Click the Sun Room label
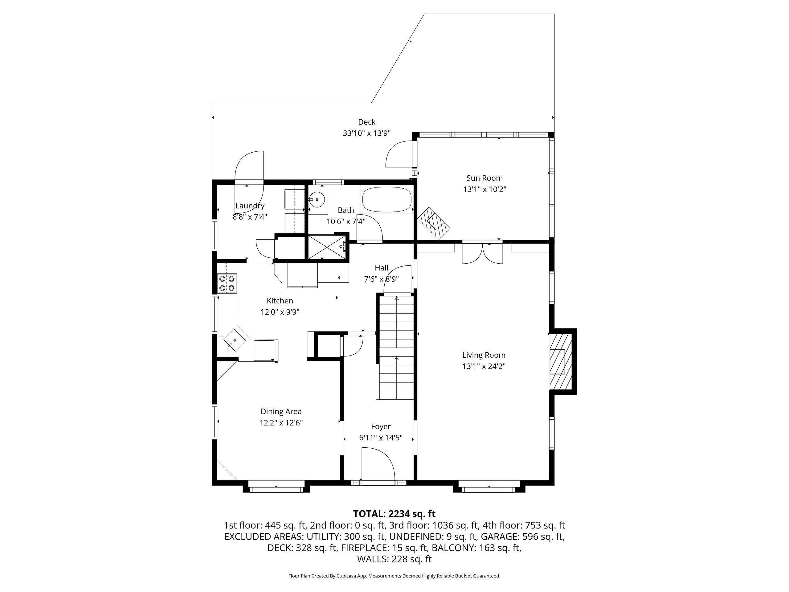coord(484,178)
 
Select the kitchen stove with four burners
coord(227,283)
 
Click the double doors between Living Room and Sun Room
coord(482,253)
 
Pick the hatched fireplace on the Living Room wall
coord(560,361)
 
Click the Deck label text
coord(367,122)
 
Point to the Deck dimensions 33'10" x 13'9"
coord(367,134)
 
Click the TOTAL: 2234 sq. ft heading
coord(394,514)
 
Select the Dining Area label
coord(281,411)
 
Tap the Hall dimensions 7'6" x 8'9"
coord(381,279)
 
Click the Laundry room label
coord(250,206)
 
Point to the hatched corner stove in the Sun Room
coord(434,223)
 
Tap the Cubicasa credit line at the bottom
coord(394,576)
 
